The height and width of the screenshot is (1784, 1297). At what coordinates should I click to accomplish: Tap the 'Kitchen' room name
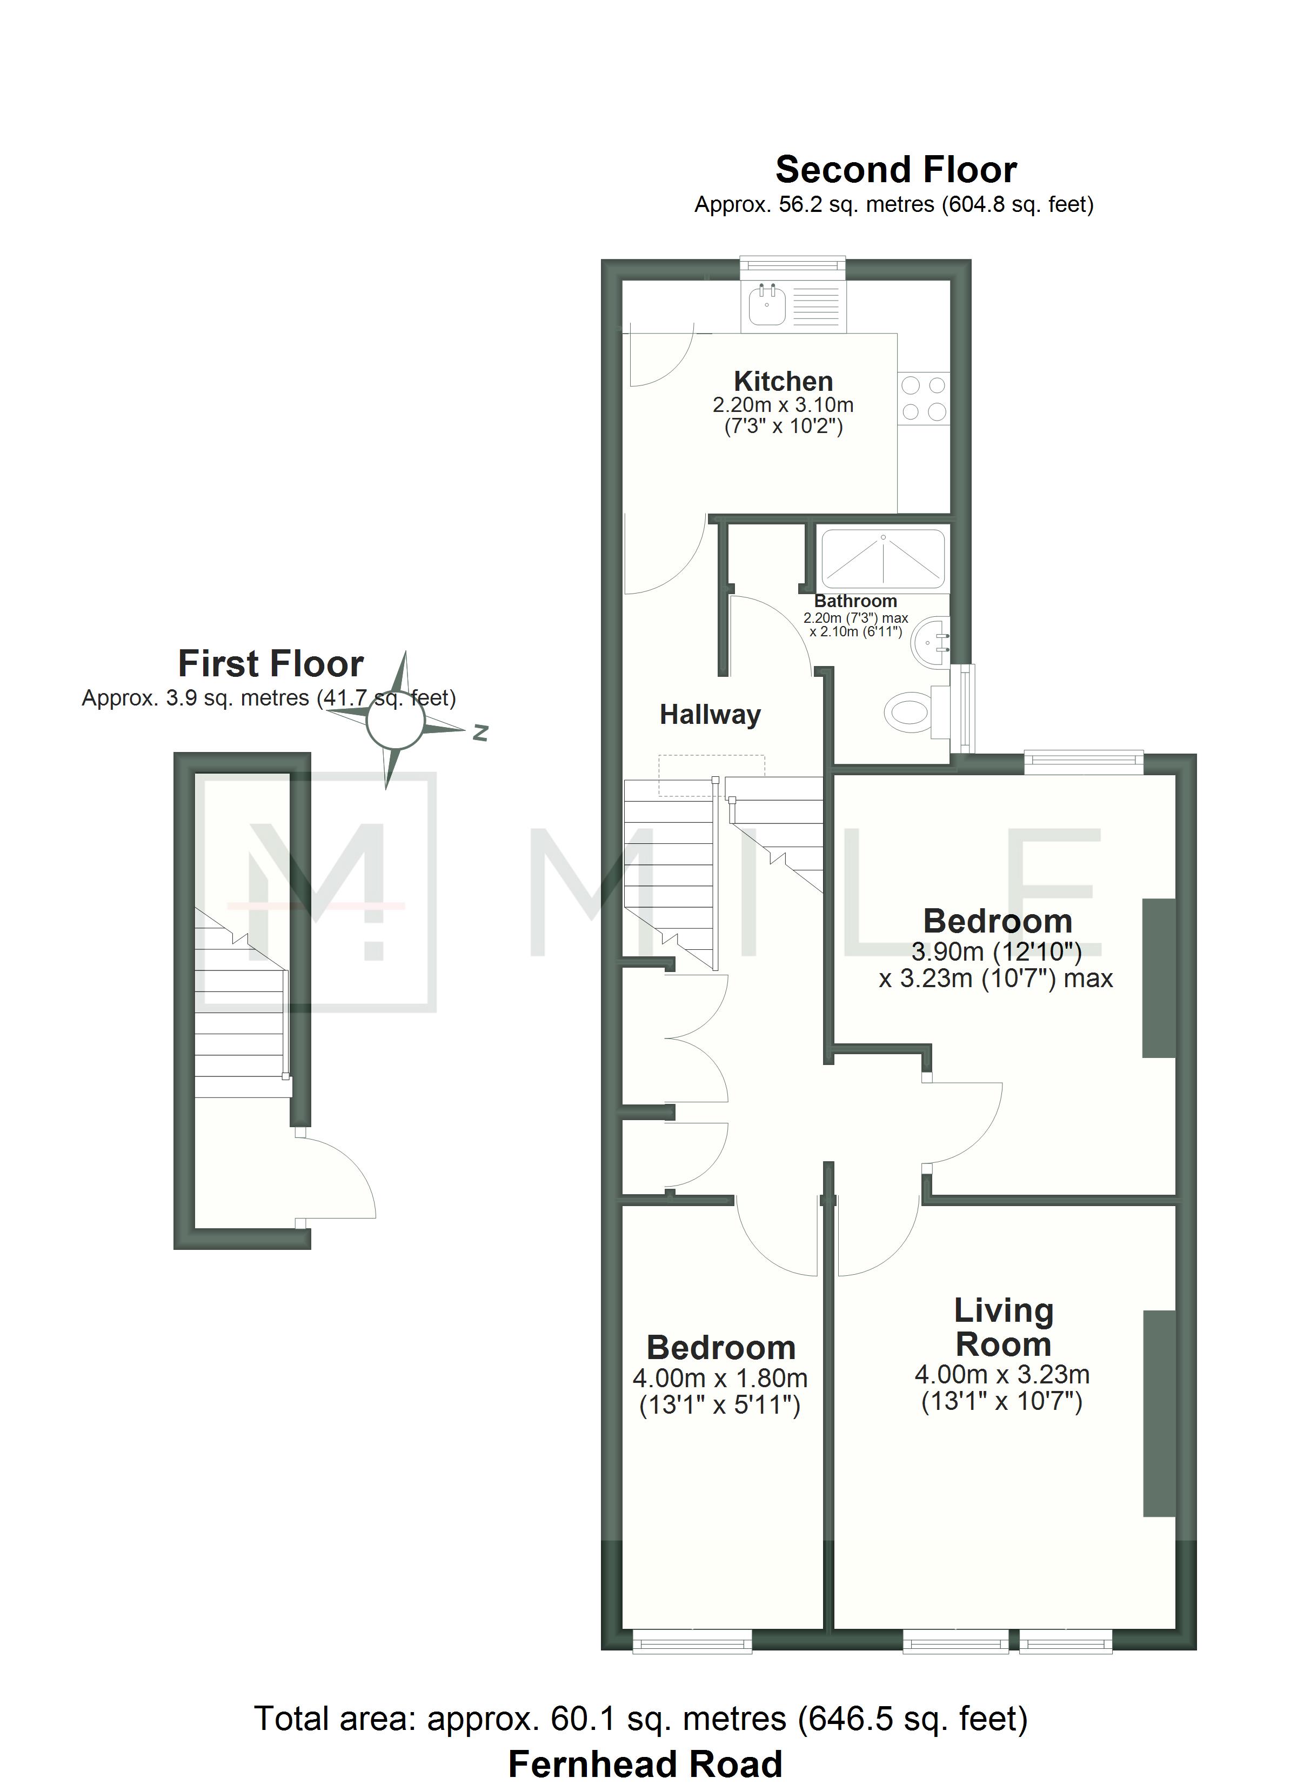784,382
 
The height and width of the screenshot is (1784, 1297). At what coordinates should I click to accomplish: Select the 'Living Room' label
1003,1328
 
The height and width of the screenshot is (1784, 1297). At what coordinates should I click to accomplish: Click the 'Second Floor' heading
896,169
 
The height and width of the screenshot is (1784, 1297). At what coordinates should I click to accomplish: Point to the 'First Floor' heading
271,663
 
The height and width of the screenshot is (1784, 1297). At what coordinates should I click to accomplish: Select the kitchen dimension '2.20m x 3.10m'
783,405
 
